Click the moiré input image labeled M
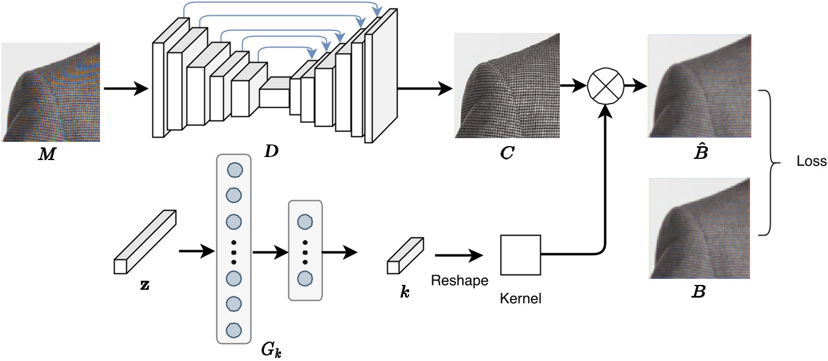coord(50,92)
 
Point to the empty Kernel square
coord(520,254)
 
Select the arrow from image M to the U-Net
coord(126,89)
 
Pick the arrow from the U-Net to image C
coord(424,88)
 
